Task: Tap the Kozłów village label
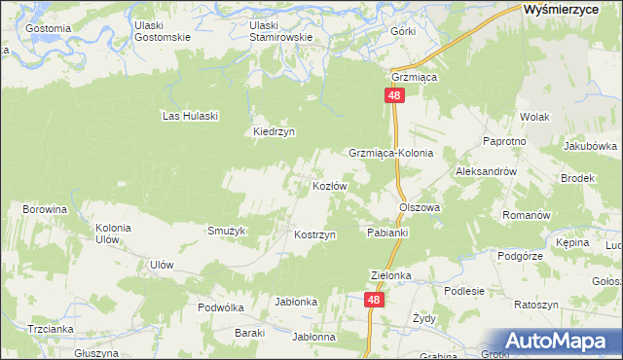[330, 185]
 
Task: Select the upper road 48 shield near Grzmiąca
[393, 95]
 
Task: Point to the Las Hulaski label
[190, 115]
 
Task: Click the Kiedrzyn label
[274, 132]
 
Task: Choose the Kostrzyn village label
[315, 235]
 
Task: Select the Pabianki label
[387, 234]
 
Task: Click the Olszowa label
[420, 207]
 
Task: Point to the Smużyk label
[226, 231]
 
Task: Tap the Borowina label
[45, 209]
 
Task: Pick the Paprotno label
[504, 141]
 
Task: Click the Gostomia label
[49, 28]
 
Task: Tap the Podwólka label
[219, 306]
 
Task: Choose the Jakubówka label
[590, 146]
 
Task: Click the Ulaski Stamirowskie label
[280, 31]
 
